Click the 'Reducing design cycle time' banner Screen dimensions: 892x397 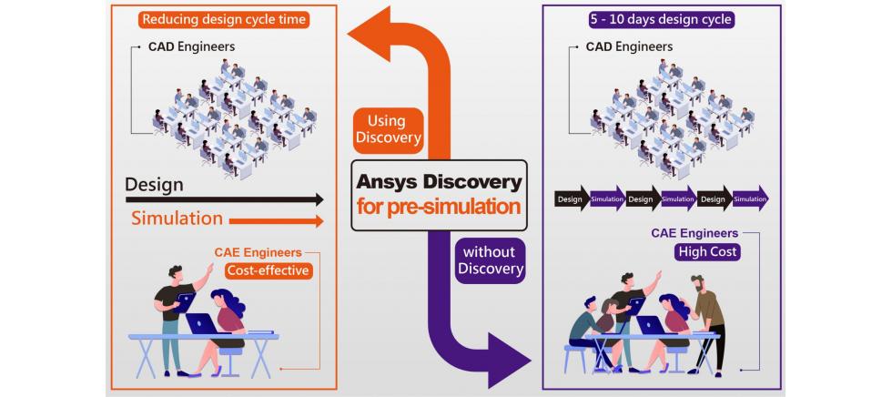click(224, 20)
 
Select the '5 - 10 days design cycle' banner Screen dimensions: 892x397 click(661, 20)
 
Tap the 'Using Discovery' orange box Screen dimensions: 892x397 click(388, 129)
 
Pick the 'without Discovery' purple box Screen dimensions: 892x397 click(490, 260)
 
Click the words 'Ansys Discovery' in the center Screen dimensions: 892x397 click(439, 182)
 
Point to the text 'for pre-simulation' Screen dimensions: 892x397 click(439, 206)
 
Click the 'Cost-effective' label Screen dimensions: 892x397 click(269, 270)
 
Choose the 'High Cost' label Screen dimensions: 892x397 click(708, 251)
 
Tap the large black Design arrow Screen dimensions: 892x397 click(224, 199)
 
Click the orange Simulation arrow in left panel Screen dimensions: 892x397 click(276, 220)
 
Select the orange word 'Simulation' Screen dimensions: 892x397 click(177, 219)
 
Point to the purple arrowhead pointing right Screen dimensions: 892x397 click(508, 361)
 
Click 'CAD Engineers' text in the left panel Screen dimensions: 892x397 click(192, 46)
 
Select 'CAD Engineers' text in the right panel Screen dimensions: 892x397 click(629, 46)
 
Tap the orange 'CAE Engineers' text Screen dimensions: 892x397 click(258, 252)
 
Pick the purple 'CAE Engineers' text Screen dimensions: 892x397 click(695, 233)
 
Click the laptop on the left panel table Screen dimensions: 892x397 click(202, 323)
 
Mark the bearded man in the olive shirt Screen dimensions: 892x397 click(708, 324)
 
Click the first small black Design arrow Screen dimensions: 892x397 click(573, 199)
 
